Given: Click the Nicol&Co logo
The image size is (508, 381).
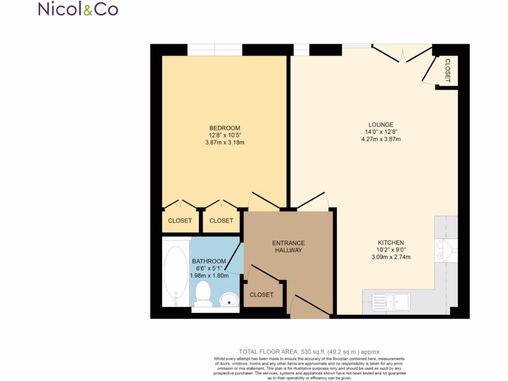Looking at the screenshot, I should [78, 9].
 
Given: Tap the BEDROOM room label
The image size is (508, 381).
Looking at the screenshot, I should [224, 127].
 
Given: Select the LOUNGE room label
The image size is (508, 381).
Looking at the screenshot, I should [381, 125].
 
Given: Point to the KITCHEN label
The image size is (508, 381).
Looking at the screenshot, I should [390, 243].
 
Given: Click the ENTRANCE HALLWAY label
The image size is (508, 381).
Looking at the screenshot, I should [288, 247].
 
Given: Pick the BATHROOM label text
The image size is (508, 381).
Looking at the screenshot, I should [209, 261].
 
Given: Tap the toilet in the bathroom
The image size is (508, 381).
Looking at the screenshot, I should [203, 292].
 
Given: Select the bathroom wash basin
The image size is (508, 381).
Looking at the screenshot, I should [229, 299].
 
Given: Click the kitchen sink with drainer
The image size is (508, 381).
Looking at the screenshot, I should [391, 301].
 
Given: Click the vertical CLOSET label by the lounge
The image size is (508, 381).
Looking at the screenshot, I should [447, 70].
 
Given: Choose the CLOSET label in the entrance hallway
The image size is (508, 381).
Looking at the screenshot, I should [261, 295].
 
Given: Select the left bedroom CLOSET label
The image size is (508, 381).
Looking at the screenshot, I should [180, 221].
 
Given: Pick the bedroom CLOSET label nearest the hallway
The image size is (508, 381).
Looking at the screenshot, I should [221, 221].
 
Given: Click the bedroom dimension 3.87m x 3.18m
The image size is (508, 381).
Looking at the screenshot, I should [225, 142].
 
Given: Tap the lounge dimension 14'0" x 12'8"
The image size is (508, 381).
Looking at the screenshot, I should [381, 132].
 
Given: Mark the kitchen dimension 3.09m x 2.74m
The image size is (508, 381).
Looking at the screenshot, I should [390, 257].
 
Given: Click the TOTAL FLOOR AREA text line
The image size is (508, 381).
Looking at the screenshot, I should [310, 351].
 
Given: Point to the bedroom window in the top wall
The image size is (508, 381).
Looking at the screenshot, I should [214, 50].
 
